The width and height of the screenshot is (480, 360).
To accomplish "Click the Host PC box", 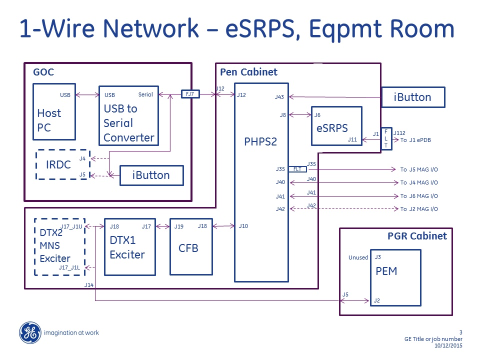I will pyautogui.click(x=54, y=111).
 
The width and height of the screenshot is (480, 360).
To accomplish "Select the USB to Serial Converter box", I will pyautogui.click(x=128, y=115).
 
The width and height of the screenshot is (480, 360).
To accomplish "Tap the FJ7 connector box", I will pyautogui.click(x=190, y=94).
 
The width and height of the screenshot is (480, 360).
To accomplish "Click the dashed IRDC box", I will pyautogui.click(x=62, y=164).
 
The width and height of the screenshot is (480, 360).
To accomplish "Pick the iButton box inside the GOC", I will pyautogui.click(x=151, y=175).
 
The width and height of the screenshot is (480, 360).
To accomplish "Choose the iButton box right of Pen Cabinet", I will pyautogui.click(x=412, y=97).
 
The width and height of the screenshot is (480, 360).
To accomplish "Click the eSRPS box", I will pyautogui.click(x=336, y=126).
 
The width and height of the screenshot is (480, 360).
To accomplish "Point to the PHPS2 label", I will pyautogui.click(x=260, y=141).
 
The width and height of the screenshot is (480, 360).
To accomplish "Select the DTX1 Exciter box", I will pyautogui.click(x=129, y=246).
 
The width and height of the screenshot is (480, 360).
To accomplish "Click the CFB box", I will pyautogui.click(x=188, y=246).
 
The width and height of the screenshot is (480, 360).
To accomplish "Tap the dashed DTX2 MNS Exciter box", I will pyautogui.click(x=59, y=246).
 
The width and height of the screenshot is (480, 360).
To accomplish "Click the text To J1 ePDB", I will pyautogui.click(x=415, y=140).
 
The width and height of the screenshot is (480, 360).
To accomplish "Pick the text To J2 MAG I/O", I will pyautogui.click(x=419, y=209).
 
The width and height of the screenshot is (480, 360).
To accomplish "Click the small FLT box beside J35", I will pyautogui.click(x=297, y=169).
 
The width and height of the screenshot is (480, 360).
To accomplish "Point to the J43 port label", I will pyautogui.click(x=279, y=97).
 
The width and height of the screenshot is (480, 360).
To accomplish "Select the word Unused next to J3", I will pyautogui.click(x=358, y=258).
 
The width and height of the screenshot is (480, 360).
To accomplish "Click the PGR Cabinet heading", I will pyautogui.click(x=417, y=235).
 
